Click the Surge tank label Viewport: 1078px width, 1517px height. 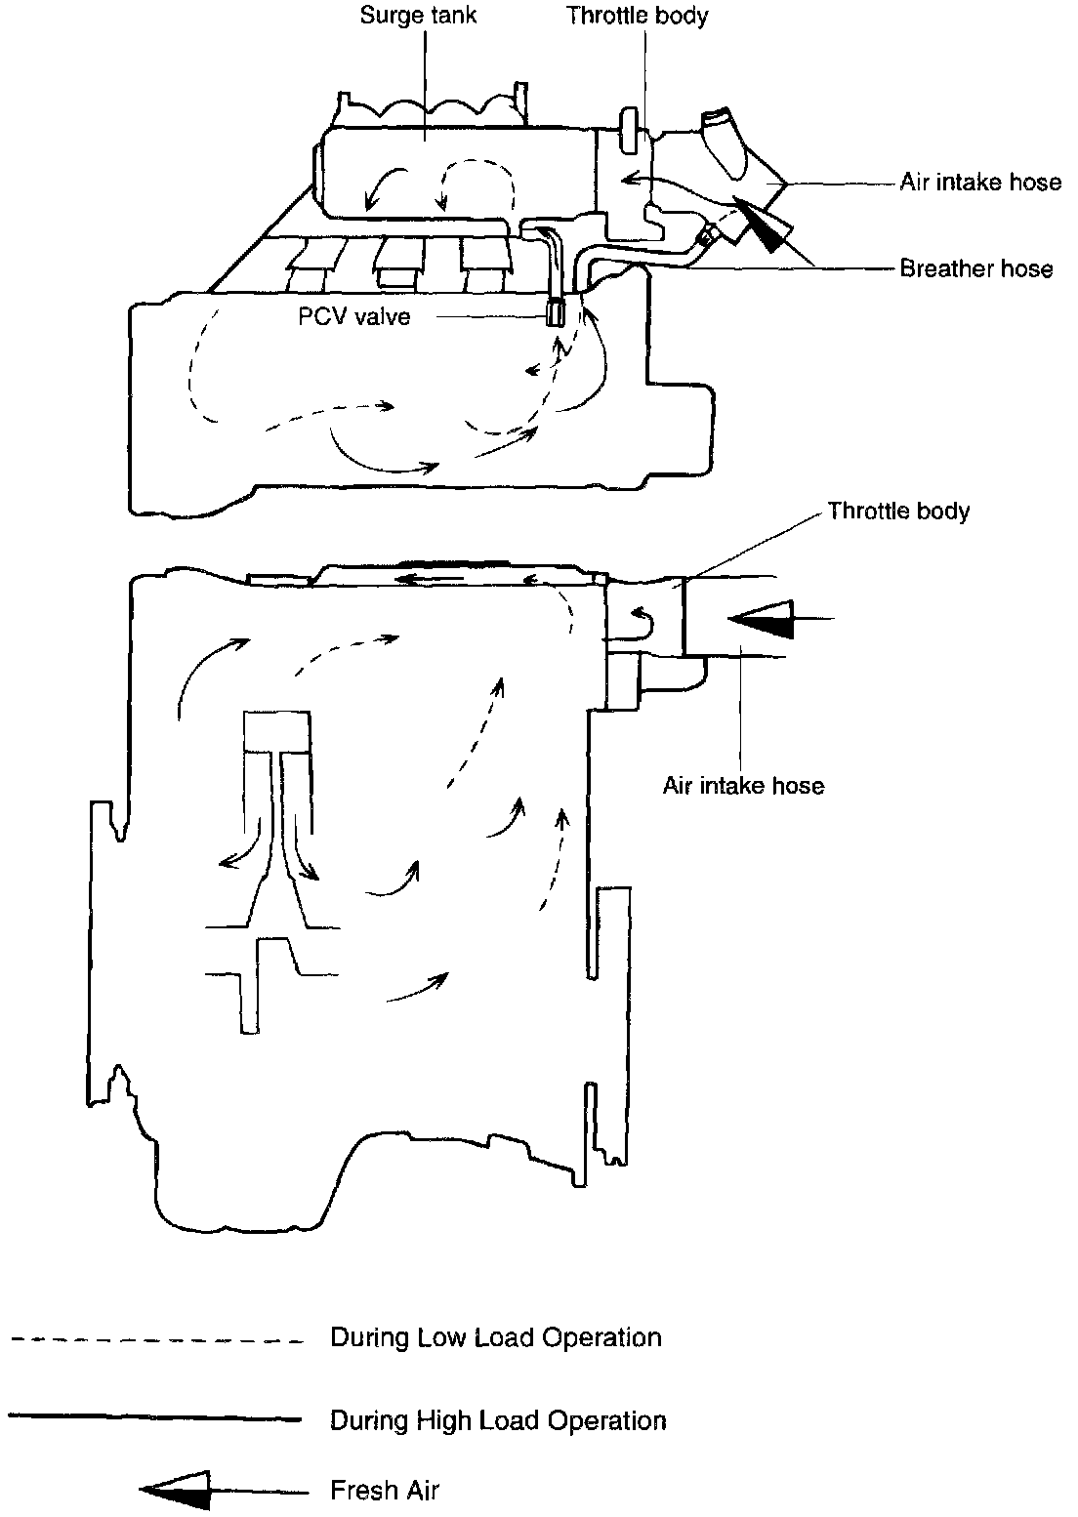[418, 16]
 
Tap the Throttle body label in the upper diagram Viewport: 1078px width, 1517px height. [638, 16]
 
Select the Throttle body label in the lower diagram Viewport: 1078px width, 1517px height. [898, 511]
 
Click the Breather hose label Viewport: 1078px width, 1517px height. [976, 268]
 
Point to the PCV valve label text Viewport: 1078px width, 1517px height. [355, 316]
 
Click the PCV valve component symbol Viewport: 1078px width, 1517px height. [555, 312]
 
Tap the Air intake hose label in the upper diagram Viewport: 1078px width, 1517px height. [980, 183]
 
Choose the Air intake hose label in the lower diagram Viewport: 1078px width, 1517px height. [743, 785]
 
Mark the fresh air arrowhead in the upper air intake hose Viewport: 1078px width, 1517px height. [766, 224]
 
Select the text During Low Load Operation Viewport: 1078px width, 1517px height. [496, 1336]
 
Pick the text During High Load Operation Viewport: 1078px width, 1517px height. [498, 1419]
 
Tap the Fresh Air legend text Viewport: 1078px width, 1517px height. [385, 1491]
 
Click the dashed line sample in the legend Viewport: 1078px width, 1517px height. [156, 1340]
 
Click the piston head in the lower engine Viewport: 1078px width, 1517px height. [276, 730]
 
